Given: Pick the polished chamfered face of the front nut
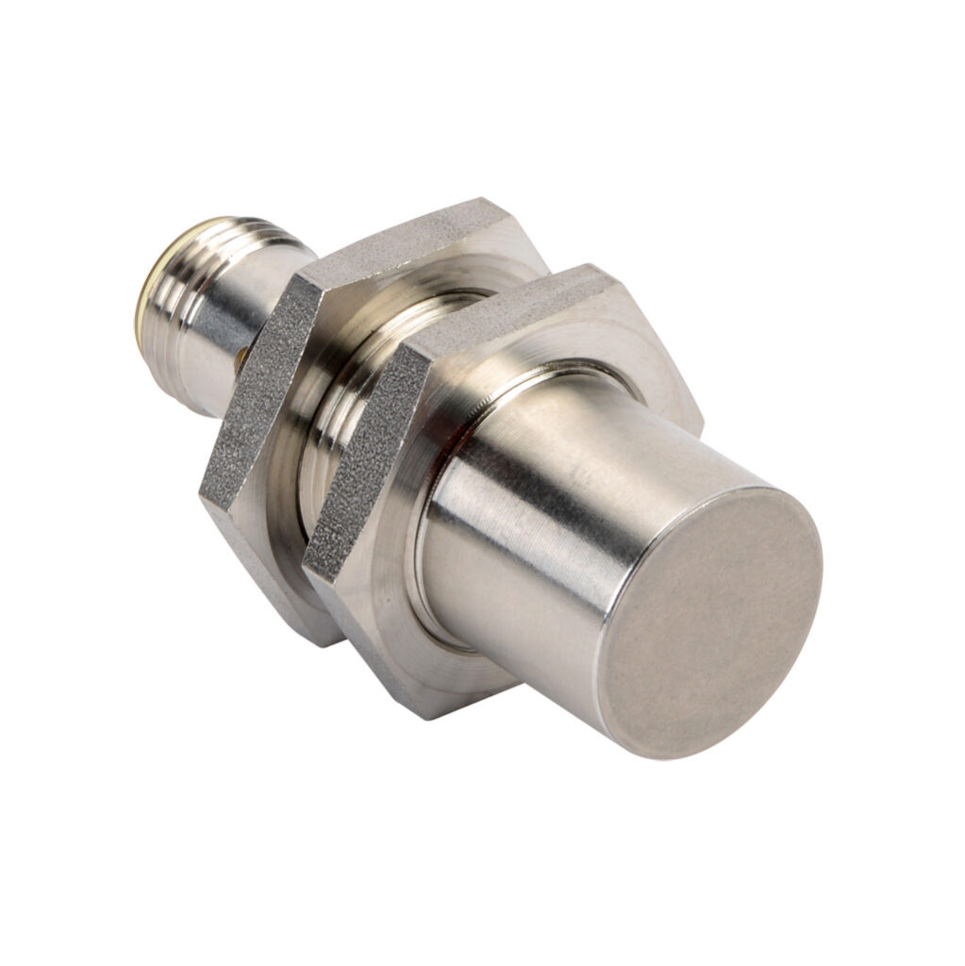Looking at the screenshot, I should click(396, 604).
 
